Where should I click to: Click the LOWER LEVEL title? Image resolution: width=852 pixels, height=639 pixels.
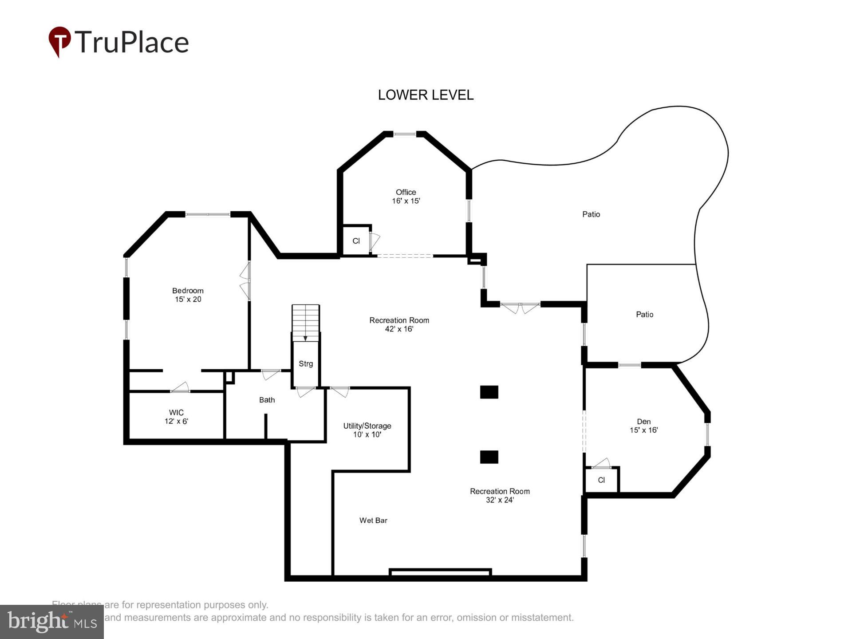[x=426, y=95]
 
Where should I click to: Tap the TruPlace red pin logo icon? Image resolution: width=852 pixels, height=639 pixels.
[x=59, y=41]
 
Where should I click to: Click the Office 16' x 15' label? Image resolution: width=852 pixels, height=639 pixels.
[x=406, y=197]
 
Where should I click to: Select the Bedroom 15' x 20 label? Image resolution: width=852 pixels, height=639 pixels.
[x=188, y=295]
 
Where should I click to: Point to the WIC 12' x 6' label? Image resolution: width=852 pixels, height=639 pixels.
[x=176, y=417]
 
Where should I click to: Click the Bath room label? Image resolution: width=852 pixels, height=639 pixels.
[x=267, y=400]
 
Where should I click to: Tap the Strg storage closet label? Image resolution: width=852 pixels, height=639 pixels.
[x=306, y=364]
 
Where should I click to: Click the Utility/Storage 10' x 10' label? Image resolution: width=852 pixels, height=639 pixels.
[x=367, y=430]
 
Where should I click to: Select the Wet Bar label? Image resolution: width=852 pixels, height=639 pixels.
[x=373, y=520]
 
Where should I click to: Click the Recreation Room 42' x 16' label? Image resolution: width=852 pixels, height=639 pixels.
[x=399, y=324]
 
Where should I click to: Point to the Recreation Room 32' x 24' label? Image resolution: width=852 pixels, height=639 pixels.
[x=500, y=495]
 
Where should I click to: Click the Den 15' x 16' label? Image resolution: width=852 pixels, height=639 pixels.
[x=643, y=426]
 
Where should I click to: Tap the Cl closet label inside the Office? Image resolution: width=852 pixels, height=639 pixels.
[x=356, y=241]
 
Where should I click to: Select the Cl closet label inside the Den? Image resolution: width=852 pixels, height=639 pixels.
[x=601, y=480]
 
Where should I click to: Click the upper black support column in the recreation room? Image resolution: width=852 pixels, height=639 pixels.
[x=489, y=392]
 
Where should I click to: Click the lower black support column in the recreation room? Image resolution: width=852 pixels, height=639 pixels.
[x=489, y=457]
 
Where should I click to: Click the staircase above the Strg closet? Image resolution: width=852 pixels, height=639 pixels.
[x=305, y=323]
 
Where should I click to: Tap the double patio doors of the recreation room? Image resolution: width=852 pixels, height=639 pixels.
[x=520, y=307]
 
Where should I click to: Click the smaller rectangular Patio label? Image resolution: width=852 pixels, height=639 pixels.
[x=644, y=315]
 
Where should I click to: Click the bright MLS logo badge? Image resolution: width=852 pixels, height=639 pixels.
[x=52, y=622]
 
